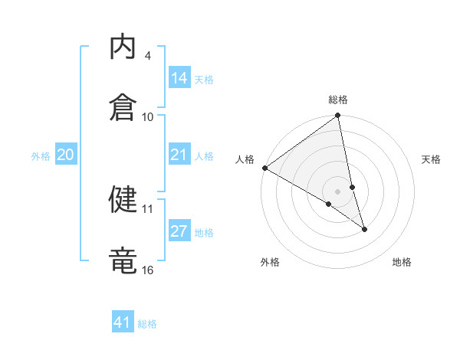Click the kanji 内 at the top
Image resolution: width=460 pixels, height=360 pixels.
(123, 48)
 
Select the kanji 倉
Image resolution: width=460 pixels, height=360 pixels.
(123, 106)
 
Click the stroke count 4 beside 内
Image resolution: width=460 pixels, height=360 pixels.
(148, 56)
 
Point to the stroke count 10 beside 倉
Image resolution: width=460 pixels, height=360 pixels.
(148, 116)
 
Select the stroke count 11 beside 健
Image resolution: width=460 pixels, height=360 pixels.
(148, 208)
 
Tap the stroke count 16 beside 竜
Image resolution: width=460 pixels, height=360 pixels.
(148, 270)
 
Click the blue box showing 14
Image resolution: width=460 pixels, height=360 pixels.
(179, 78)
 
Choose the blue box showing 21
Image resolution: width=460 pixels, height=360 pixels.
(179, 155)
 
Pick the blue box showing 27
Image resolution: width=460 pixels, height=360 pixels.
(179, 231)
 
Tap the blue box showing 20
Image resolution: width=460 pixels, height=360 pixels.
(66, 155)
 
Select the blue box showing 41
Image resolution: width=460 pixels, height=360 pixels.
(123, 322)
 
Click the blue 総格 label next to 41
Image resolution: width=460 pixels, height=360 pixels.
(147, 324)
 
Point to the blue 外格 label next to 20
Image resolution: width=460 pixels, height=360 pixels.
(41, 156)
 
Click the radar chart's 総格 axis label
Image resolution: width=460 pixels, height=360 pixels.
(338, 100)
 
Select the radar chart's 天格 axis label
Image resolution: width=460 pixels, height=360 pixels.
(432, 159)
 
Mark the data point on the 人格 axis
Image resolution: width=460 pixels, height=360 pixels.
(264, 168)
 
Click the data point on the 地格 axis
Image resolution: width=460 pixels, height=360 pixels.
(364, 229)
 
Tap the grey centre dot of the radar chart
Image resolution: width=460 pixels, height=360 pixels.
(338, 191)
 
